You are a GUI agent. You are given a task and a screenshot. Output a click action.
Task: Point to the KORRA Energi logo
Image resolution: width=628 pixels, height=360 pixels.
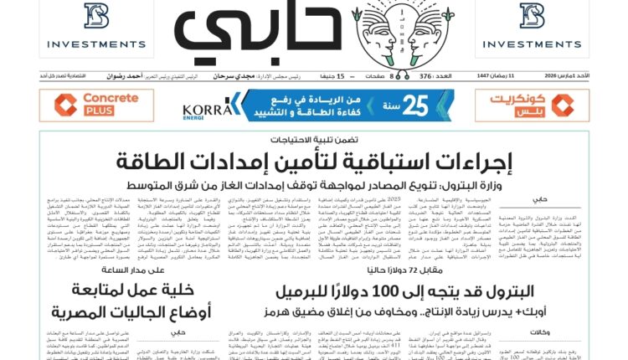tap(206, 109)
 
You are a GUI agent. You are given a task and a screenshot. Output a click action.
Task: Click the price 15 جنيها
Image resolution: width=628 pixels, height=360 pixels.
tap(340, 76)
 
